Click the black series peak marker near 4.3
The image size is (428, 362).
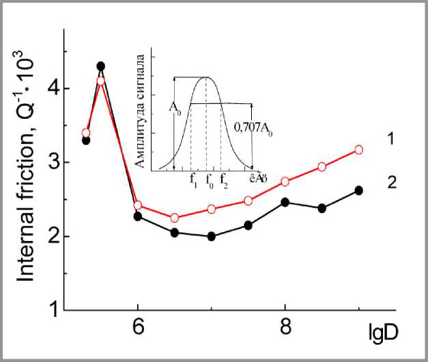point(101,66)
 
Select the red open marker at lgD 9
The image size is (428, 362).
point(359,149)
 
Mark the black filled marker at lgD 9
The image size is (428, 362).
point(359,190)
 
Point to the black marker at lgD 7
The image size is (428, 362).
point(212,236)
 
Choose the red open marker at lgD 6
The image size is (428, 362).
point(138,205)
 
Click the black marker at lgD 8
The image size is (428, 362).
point(285,201)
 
